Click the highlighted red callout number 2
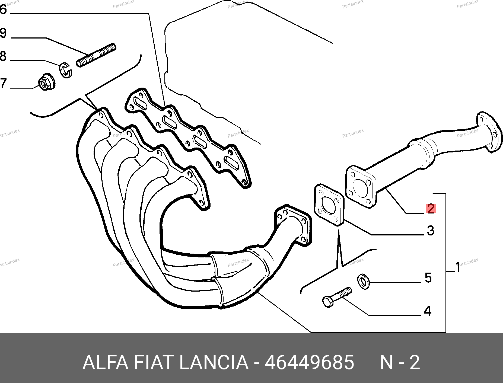coord(431,209)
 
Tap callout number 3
coord(431,230)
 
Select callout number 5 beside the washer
coord(428,278)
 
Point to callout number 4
coord(428,311)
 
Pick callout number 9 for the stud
coord(3,33)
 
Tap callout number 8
coord(3,56)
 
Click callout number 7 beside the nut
coord(3,83)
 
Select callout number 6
coord(3,10)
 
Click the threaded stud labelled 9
coord(96,55)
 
